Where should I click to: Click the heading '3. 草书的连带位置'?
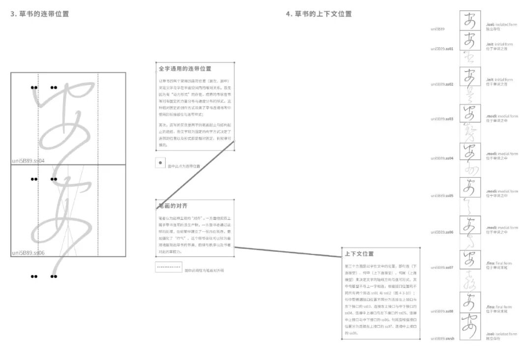[x=40, y=14]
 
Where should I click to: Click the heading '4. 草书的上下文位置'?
[x=319, y=14]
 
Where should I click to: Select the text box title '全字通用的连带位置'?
[x=185, y=69]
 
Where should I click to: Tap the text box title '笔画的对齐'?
[x=173, y=206]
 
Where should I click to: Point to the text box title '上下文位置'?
[x=359, y=254]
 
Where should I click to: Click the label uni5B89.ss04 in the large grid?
[x=28, y=160]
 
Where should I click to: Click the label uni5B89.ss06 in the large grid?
[x=28, y=253]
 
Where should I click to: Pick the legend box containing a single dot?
[x=160, y=163]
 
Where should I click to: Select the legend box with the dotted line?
[x=168, y=268]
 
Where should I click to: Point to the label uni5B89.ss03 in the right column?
[x=442, y=119]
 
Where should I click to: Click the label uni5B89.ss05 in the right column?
[x=442, y=195]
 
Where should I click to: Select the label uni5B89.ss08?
[x=442, y=311]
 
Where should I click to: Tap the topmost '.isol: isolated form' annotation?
[x=499, y=24]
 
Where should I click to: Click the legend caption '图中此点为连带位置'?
[x=184, y=166]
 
